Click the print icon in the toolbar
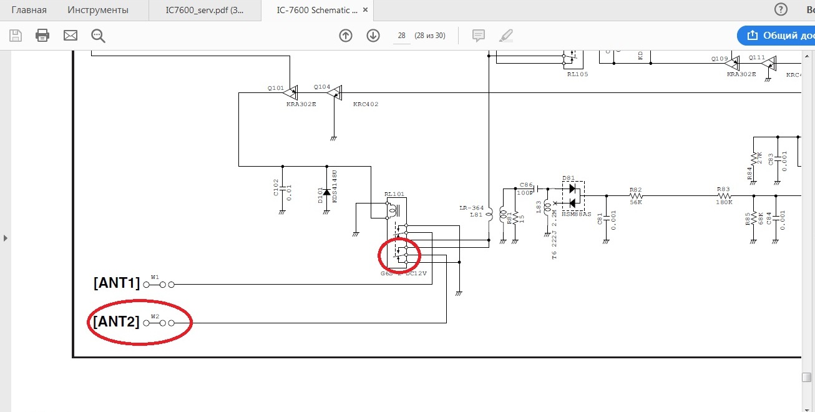pyautogui.click(x=42, y=36)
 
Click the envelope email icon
pyautogui.click(x=70, y=36)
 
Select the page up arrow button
pyautogui.click(x=346, y=36)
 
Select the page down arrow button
pyautogui.click(x=373, y=36)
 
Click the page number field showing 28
pyautogui.click(x=401, y=36)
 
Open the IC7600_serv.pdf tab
pyautogui.click(x=205, y=10)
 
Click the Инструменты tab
pyautogui.click(x=98, y=10)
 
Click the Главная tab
pyautogui.click(x=29, y=10)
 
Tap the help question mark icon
pyautogui.click(x=781, y=10)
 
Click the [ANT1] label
pyautogui.click(x=117, y=283)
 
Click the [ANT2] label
pyautogui.click(x=117, y=322)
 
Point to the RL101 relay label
pyautogui.click(x=394, y=195)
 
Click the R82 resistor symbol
pyautogui.click(x=635, y=195)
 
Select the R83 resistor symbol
pyautogui.click(x=723, y=195)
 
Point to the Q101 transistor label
pyautogui.click(x=275, y=88)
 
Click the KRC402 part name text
pyautogui.click(x=365, y=104)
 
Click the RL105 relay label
pyautogui.click(x=577, y=74)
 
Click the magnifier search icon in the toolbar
pyautogui.click(x=98, y=36)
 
